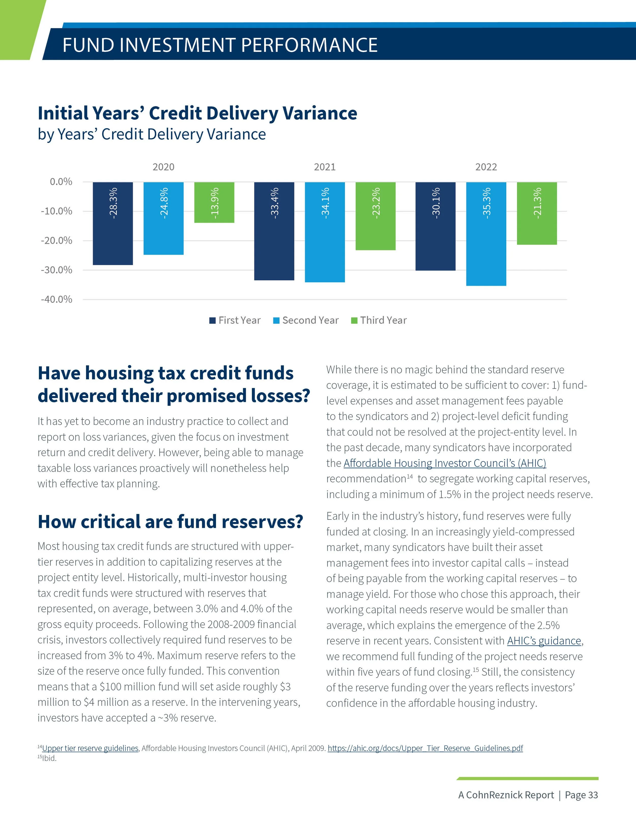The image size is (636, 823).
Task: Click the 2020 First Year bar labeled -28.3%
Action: click(113, 223)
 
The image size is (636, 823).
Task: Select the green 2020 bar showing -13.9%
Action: click(214, 202)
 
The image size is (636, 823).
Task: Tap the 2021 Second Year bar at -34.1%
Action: click(325, 232)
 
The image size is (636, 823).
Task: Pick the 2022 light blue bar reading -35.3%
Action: click(486, 234)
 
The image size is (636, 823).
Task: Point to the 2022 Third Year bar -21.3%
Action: click(537, 213)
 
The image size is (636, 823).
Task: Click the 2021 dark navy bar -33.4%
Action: click(274, 231)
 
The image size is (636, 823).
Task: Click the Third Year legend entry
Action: click(379, 320)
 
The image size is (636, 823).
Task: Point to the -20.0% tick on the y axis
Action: click(56, 240)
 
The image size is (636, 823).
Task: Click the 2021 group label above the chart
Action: click(324, 167)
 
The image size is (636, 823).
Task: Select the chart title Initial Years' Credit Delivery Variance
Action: click(197, 113)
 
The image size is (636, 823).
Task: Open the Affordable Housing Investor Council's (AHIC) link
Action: click(445, 463)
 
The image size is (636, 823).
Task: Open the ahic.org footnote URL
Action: click(425, 748)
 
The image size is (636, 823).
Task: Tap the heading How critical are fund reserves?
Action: click(170, 522)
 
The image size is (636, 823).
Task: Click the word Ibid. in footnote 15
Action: click(49, 758)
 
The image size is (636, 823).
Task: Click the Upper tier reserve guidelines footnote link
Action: click(90, 748)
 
